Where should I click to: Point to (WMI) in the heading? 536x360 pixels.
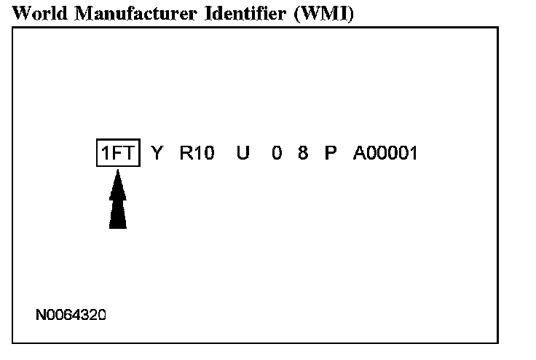[x=323, y=15]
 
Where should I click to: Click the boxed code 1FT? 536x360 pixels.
[x=118, y=154]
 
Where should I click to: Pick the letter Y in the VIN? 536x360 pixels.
[x=157, y=154]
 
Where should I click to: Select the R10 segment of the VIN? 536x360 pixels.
[x=197, y=154]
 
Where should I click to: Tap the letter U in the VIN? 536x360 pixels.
[x=243, y=154]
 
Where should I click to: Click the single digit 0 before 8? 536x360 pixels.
[x=277, y=154]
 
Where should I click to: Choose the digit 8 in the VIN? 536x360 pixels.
[x=303, y=154]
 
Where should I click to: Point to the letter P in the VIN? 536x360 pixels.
[x=331, y=154]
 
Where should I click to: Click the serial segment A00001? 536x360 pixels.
[x=385, y=154]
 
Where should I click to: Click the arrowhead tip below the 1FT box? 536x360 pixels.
[x=118, y=177]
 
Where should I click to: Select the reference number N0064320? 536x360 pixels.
[x=71, y=315]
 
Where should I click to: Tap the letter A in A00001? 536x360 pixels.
[x=359, y=154]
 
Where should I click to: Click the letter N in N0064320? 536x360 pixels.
[x=41, y=315]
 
